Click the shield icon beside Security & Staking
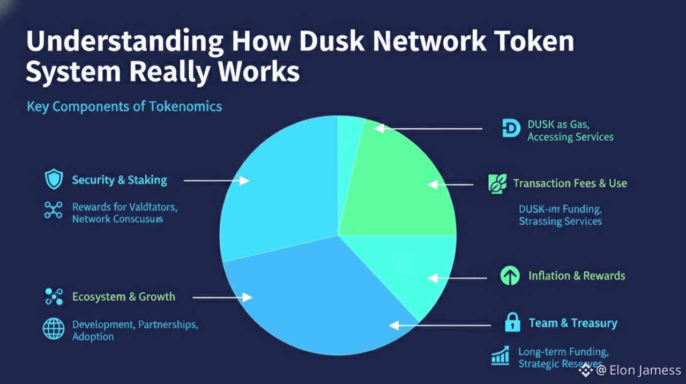54,180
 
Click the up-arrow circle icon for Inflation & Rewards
510,276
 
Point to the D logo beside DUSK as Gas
511,129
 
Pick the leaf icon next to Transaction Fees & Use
497,183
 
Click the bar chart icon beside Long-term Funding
500,356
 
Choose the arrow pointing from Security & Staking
217,181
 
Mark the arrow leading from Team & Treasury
439,325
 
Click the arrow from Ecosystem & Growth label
222,297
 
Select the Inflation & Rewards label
577,276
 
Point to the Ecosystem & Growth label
124,297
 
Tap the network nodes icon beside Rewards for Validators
54,210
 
